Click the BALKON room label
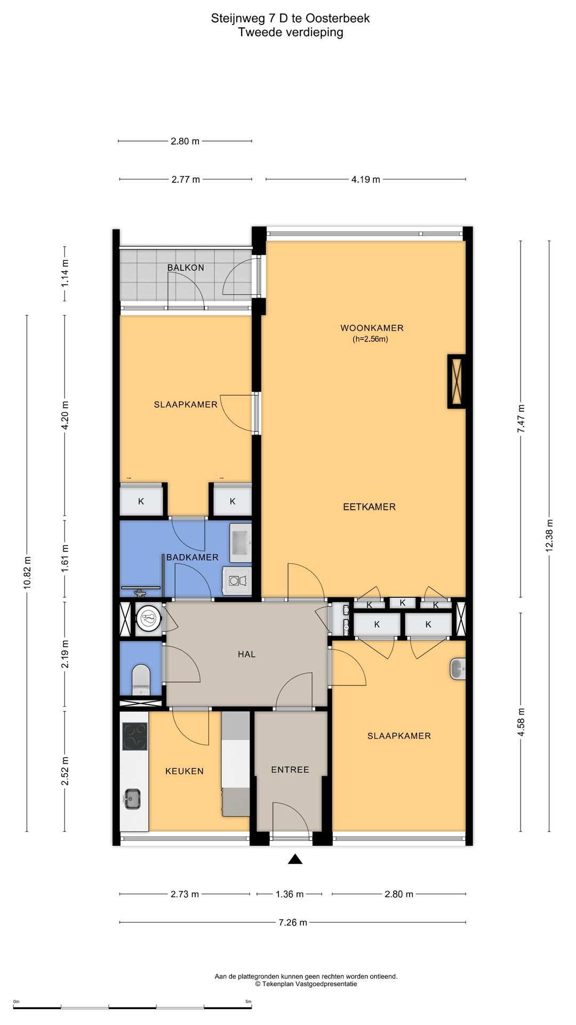[x=186, y=267]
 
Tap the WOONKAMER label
[x=372, y=328]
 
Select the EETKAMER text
[x=369, y=507]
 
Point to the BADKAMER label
[x=192, y=557]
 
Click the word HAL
[x=246, y=654]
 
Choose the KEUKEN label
[x=184, y=771]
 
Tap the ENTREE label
[x=290, y=769]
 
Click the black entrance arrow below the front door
[x=295, y=859]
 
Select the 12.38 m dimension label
[x=549, y=535]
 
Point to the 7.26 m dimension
[x=293, y=922]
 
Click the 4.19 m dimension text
[x=365, y=179]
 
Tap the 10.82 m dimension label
[x=27, y=572]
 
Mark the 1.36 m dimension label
[x=290, y=894]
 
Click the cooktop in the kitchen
[x=135, y=736]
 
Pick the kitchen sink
[x=131, y=799]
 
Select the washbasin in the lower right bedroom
[x=458, y=669]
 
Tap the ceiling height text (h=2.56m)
[x=370, y=339]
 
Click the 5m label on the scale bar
[x=248, y=1002]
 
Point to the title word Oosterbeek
[x=338, y=18]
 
